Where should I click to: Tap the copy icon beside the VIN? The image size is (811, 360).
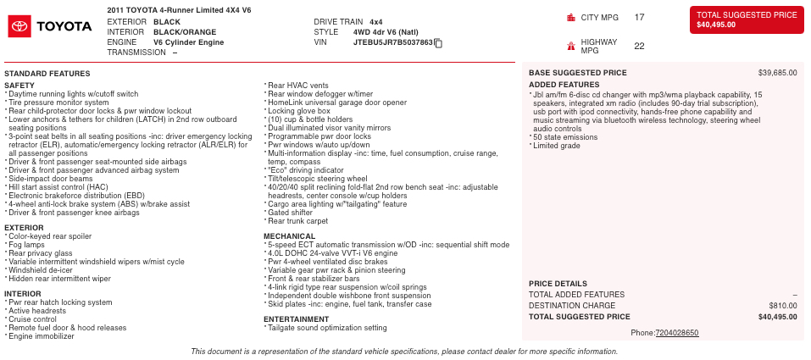tap(438, 42)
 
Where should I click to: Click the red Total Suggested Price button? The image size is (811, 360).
tap(747, 19)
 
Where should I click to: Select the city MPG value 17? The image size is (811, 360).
tap(639, 17)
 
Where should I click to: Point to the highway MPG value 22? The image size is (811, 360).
tap(639, 47)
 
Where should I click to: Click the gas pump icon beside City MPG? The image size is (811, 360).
tap(571, 17)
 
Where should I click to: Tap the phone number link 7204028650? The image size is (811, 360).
tap(676, 333)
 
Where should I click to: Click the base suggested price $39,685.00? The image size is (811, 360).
tap(777, 73)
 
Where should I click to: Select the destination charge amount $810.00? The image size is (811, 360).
tap(782, 306)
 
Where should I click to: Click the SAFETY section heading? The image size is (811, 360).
tap(19, 86)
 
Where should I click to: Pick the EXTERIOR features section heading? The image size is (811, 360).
tap(24, 228)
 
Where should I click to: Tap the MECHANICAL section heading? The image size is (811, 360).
tap(289, 236)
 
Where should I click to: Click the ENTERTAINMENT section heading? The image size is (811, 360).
tap(296, 319)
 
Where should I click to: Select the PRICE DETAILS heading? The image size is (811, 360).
tap(558, 284)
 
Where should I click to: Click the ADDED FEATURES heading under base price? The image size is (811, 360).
tap(564, 85)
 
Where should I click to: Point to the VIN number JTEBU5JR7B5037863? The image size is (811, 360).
tap(393, 42)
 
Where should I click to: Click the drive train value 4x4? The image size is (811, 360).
tap(376, 21)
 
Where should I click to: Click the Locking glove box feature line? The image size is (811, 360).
tap(298, 111)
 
